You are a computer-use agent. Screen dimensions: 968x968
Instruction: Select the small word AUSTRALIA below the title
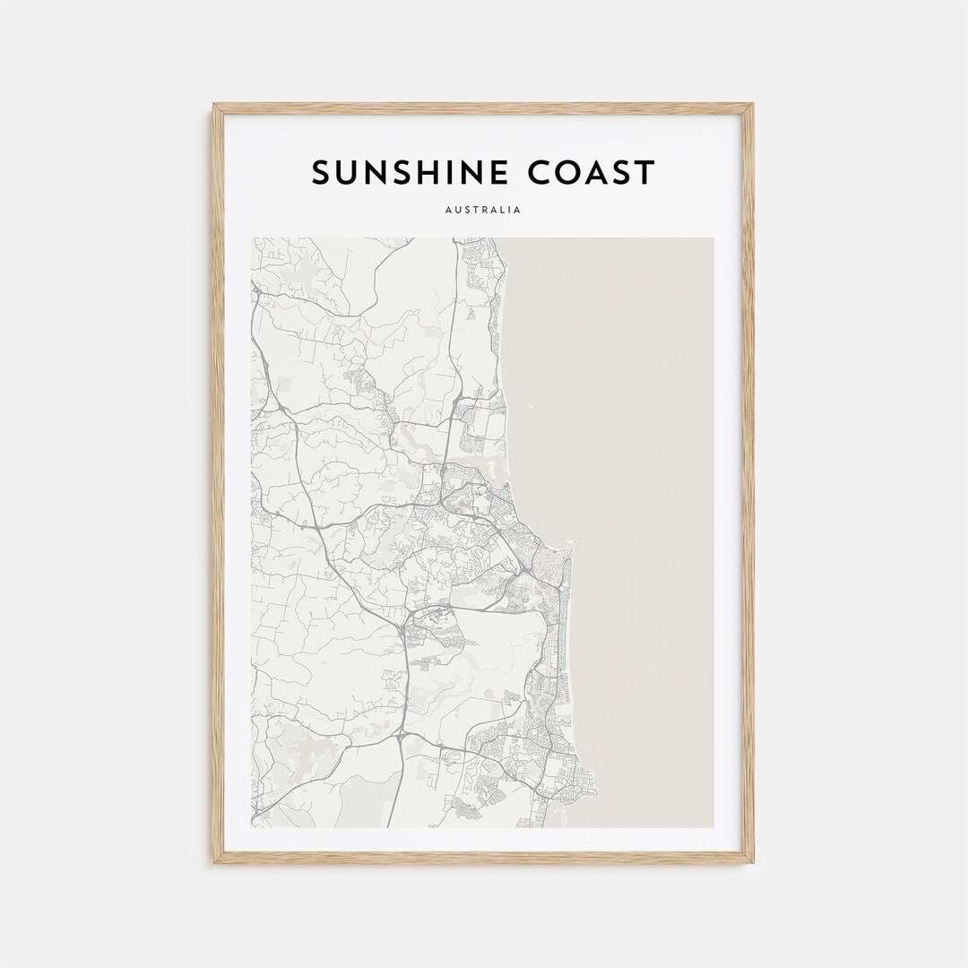[483, 211]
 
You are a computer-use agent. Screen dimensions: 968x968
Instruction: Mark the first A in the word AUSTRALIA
[448, 211]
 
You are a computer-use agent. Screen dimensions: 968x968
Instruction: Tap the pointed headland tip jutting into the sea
[569, 543]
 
